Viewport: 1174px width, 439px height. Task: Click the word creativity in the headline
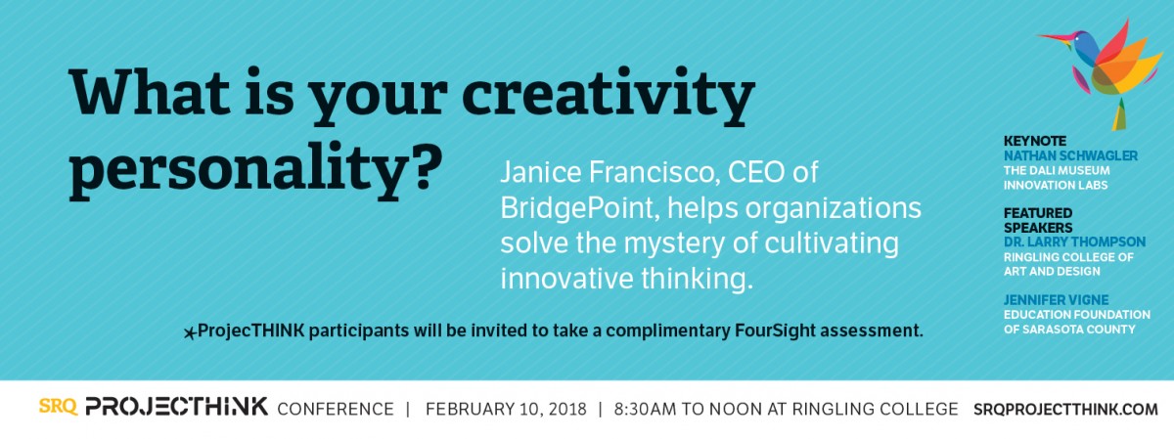(x=609, y=96)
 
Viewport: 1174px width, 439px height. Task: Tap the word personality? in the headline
(x=256, y=170)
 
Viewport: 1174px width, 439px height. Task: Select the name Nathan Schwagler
(x=1070, y=155)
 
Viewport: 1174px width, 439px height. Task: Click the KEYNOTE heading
(x=1035, y=141)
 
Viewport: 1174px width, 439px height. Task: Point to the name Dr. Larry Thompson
(x=1074, y=241)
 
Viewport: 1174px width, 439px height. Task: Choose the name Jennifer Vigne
(x=1056, y=299)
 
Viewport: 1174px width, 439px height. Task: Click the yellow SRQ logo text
(x=58, y=407)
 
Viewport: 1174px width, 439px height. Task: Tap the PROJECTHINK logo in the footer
(x=177, y=407)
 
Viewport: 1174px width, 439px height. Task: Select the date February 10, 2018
(x=506, y=409)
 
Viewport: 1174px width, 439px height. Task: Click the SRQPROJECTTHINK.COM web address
(x=1065, y=409)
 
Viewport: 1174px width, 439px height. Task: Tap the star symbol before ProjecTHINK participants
(x=190, y=332)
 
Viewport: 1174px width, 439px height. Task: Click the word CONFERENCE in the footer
(x=336, y=409)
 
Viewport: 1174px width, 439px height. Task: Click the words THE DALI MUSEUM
(x=1057, y=170)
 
